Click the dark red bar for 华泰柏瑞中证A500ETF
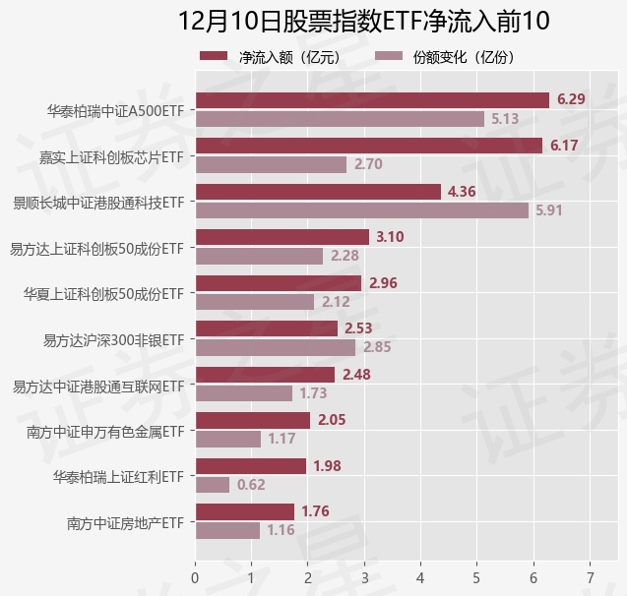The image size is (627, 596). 372,99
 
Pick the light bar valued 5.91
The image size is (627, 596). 362,209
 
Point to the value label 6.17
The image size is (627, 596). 565,146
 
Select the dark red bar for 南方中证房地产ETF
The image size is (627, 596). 245,511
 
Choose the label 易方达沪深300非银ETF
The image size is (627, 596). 113,339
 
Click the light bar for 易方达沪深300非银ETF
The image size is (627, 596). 276,347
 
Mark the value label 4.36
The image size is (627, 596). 463,191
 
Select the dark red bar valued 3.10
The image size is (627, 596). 282,237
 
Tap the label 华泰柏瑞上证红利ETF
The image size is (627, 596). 118,477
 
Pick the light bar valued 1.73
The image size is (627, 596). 244,393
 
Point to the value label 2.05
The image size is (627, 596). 333,420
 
